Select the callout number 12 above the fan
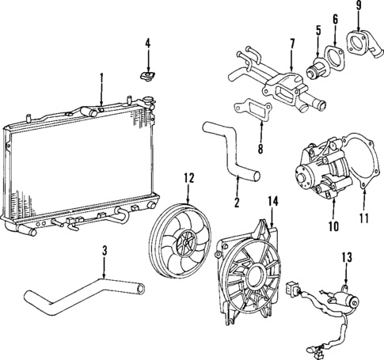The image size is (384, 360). (x=188, y=178)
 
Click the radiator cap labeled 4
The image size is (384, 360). (x=146, y=76)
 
